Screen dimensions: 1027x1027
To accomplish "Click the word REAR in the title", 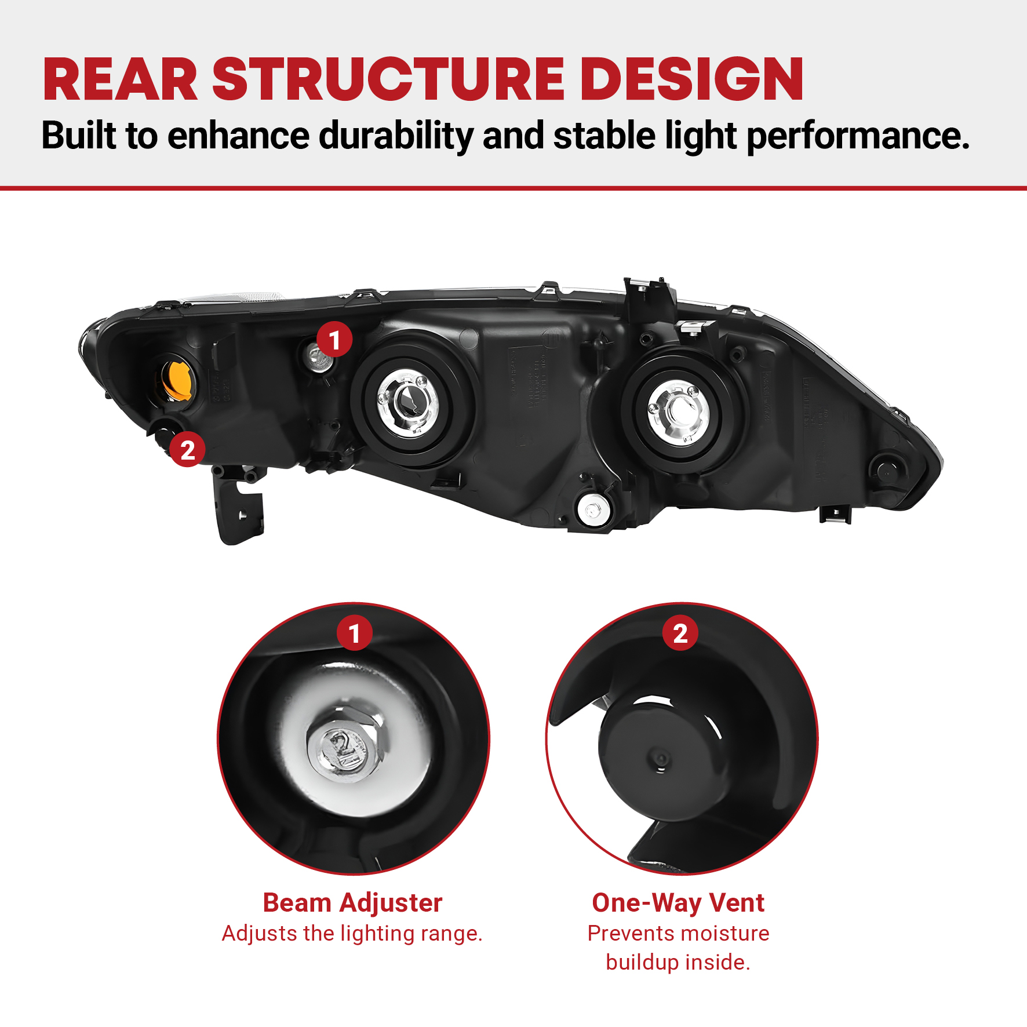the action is point(121,79).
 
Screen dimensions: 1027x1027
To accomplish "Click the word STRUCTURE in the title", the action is point(388,79).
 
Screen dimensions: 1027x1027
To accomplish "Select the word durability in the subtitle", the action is point(396,137).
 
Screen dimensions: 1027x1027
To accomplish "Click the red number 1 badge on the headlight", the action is point(334,340).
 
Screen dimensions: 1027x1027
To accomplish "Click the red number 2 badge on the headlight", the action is point(187,450).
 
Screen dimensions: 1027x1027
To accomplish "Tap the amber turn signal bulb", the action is point(177,380).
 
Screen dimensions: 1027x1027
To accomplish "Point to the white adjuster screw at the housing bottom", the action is point(593,510).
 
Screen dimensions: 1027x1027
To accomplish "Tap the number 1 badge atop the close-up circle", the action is point(355,633).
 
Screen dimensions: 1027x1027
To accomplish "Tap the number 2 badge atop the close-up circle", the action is point(680,633).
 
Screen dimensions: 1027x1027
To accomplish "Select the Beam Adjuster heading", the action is point(352,903).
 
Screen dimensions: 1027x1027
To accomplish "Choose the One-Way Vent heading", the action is point(678,903).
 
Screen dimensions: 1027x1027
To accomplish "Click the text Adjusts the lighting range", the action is point(352,934).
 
